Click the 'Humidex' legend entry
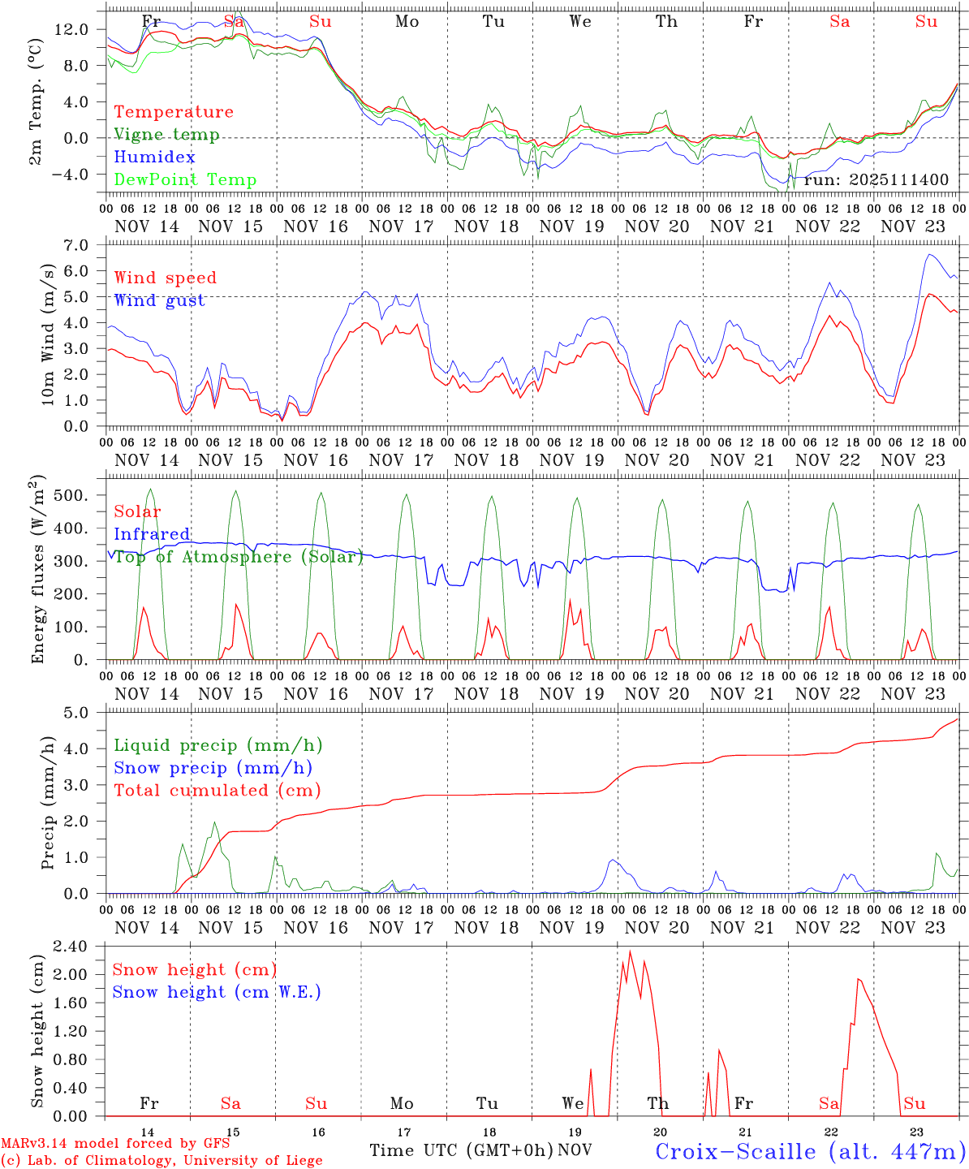point(154,157)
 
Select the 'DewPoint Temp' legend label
point(185,179)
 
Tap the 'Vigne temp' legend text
point(166,134)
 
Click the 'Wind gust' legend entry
point(159,300)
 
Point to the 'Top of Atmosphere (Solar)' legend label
point(239,556)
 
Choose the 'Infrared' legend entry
point(152,533)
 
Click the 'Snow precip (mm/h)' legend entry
point(213,767)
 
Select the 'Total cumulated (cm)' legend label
point(217,790)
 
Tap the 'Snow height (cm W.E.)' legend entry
point(217,991)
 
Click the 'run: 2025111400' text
point(876,179)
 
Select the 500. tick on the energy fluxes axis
point(80,495)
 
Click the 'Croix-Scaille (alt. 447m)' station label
point(810,1150)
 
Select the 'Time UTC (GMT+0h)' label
point(461,1150)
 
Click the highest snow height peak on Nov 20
point(631,951)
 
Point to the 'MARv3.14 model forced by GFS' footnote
point(115,1143)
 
